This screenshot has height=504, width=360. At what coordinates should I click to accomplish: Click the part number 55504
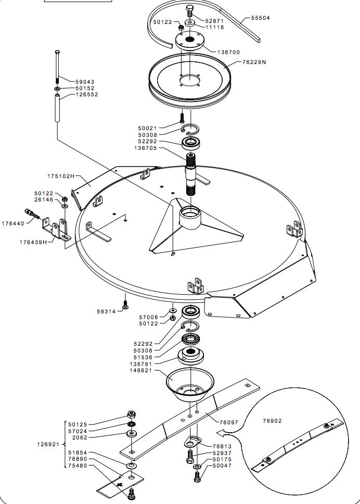point(261,18)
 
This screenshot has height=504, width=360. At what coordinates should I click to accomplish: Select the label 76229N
point(254,62)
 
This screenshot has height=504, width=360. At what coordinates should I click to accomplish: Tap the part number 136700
point(229,52)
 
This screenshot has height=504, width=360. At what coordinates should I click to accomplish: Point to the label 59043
point(85,82)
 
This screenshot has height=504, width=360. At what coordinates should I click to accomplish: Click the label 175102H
point(62,177)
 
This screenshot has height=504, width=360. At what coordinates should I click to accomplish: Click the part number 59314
point(107,312)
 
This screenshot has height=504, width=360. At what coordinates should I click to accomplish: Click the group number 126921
point(48,444)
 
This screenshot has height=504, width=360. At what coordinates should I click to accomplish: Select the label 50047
point(222,465)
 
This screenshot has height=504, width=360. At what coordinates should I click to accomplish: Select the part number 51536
point(143,357)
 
